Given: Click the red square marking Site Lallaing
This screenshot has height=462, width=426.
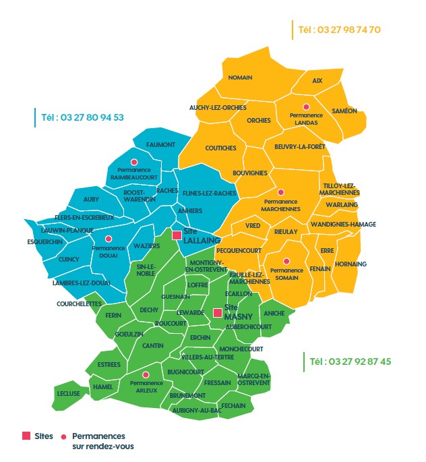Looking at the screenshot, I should click(177, 235).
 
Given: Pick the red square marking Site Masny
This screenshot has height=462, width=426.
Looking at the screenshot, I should click(217, 313).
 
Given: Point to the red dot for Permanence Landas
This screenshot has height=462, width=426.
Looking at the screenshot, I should click(306, 107).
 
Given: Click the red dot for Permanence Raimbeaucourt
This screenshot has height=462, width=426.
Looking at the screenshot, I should click(134, 161).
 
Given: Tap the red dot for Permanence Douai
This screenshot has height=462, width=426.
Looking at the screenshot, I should click(109, 239).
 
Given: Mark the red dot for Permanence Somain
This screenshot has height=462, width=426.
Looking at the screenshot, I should click(286, 261).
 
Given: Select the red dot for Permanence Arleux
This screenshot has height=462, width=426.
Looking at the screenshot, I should click(145, 374).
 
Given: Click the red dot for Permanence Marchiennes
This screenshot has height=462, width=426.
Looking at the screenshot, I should click(281, 192).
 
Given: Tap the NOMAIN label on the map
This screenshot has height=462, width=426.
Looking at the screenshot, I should click(240, 78).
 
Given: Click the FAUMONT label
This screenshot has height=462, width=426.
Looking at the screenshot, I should click(160, 145).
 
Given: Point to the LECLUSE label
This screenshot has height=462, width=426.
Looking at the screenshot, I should click(69, 393).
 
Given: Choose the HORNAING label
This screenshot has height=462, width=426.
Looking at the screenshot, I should click(351, 264).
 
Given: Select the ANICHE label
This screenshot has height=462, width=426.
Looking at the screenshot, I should click(274, 313).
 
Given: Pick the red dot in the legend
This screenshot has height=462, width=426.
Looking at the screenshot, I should click(64, 436).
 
